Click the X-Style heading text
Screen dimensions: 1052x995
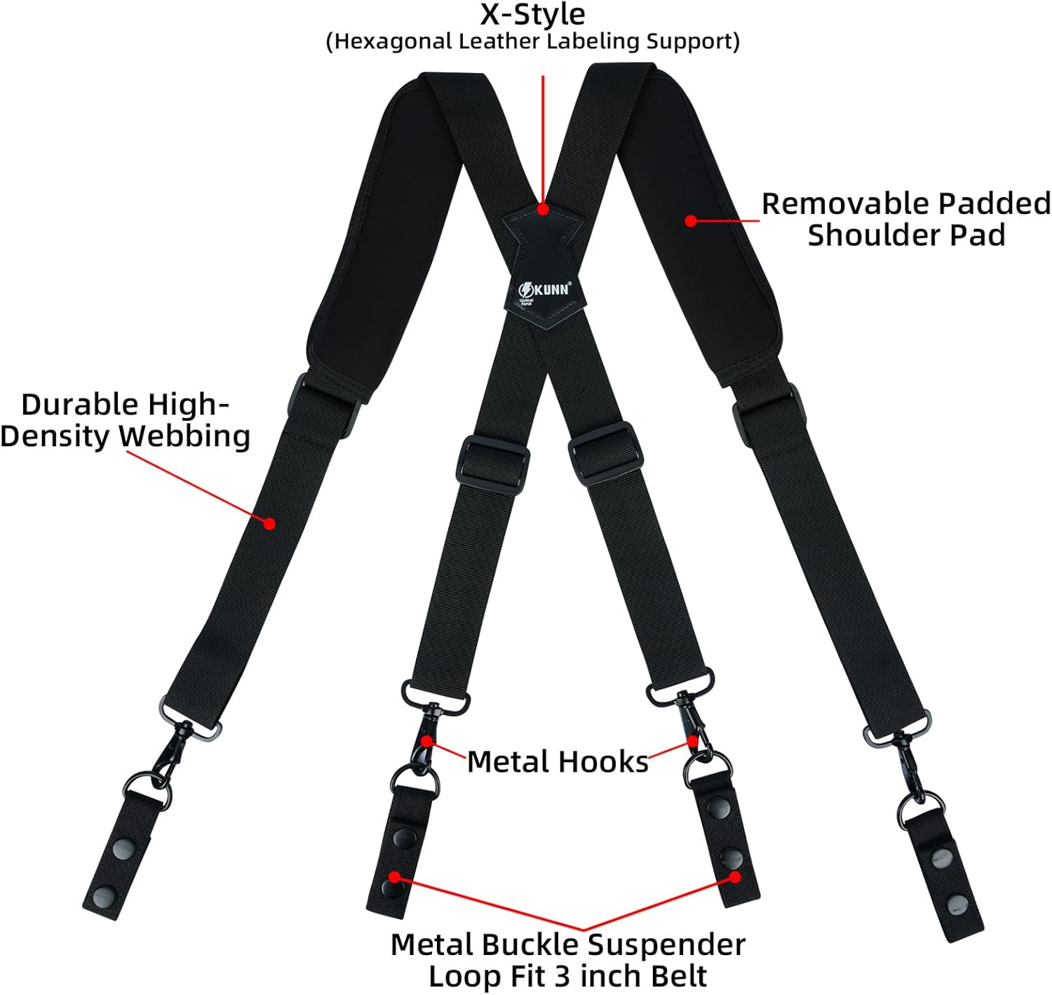click(x=532, y=15)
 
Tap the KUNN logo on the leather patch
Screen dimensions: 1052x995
click(x=544, y=288)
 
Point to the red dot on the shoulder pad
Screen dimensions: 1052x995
click(x=691, y=220)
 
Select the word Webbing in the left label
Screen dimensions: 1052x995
click(x=184, y=436)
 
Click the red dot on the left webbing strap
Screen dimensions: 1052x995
click(x=269, y=523)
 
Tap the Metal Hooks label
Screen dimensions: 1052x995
click(x=558, y=762)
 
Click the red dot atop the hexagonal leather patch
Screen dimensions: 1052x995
click(x=543, y=209)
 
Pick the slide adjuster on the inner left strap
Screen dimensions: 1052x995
click(x=492, y=460)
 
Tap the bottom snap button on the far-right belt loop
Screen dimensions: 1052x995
click(x=957, y=904)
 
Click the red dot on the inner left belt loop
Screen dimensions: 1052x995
click(x=395, y=877)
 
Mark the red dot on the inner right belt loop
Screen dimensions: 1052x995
click(x=734, y=877)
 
